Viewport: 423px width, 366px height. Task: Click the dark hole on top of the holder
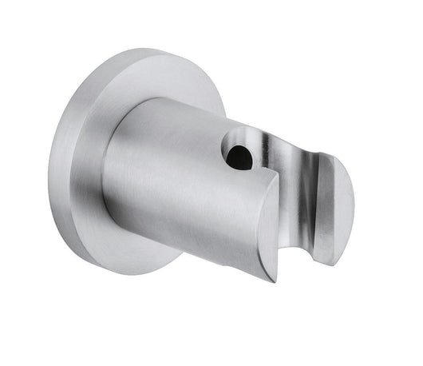click(x=238, y=156)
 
